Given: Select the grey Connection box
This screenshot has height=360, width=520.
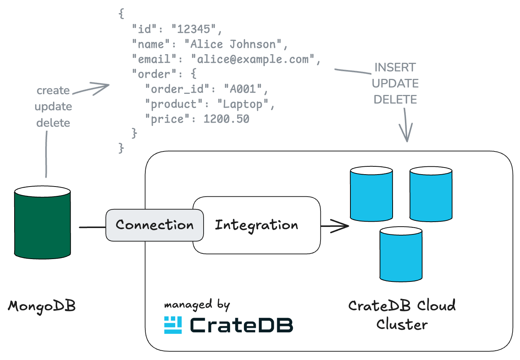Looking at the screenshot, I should click(155, 225).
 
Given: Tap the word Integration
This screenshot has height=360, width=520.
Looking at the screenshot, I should click(256, 225).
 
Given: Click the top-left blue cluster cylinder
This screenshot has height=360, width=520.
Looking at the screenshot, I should click(371, 194).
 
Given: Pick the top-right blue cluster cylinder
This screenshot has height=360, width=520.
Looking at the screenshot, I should click(431, 194).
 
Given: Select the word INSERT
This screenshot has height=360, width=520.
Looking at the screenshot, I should click(395, 67).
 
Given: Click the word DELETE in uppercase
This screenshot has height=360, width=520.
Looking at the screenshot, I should click(395, 99).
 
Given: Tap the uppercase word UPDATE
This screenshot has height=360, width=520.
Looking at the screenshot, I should click(395, 83).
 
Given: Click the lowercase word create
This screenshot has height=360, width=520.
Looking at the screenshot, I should click(53, 90).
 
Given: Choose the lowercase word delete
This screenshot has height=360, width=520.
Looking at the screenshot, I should click(53, 123).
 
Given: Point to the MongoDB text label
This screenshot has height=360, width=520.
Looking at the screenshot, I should click(42, 306).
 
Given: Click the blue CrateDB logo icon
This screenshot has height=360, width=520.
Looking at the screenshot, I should click(173, 325).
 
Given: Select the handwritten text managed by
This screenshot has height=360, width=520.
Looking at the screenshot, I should click(197, 305).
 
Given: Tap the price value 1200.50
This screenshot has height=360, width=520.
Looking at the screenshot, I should click(226, 119).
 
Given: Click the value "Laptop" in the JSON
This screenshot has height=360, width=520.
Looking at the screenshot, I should click(243, 104).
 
